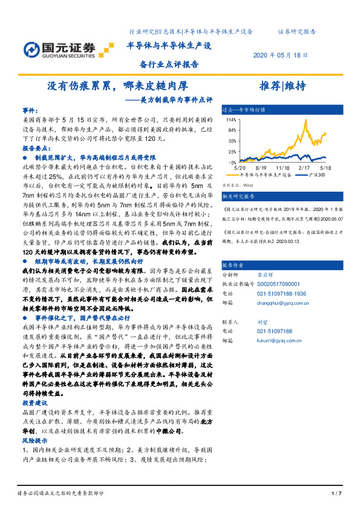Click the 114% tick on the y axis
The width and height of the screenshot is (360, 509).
tap(231, 120)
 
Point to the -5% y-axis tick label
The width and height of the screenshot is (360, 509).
tap(231, 163)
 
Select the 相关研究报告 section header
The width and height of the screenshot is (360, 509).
tap(239, 196)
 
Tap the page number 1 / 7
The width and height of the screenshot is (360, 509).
tap(337, 494)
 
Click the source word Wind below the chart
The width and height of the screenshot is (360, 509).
tap(247, 186)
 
